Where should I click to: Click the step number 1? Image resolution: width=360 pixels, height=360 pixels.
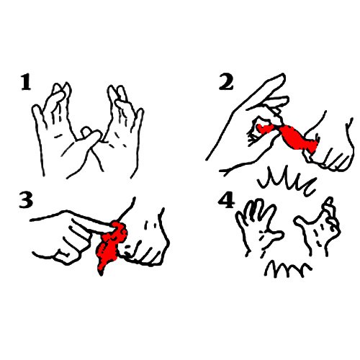coord(26,82)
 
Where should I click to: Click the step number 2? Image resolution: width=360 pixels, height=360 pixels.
coord(225,82)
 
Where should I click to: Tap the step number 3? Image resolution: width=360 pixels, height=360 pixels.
coord(26,199)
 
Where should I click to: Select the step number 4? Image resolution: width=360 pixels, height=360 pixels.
coord(226,200)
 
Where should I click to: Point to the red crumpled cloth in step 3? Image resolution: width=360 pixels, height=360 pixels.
coord(111,245)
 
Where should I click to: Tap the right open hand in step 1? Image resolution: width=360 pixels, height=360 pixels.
coord(122,130)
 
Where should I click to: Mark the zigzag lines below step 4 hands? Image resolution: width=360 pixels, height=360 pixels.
coord(288,269)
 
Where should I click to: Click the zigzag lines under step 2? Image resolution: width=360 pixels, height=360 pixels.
coord(287,181)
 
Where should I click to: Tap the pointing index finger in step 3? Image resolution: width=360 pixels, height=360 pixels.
coord(92,222)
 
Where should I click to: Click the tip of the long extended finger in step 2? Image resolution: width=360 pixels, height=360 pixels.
coord(283,76)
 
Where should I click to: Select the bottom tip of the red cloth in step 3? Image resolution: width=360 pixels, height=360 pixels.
coord(101,274)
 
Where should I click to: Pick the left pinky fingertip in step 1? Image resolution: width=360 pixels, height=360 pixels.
coord(35,107)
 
